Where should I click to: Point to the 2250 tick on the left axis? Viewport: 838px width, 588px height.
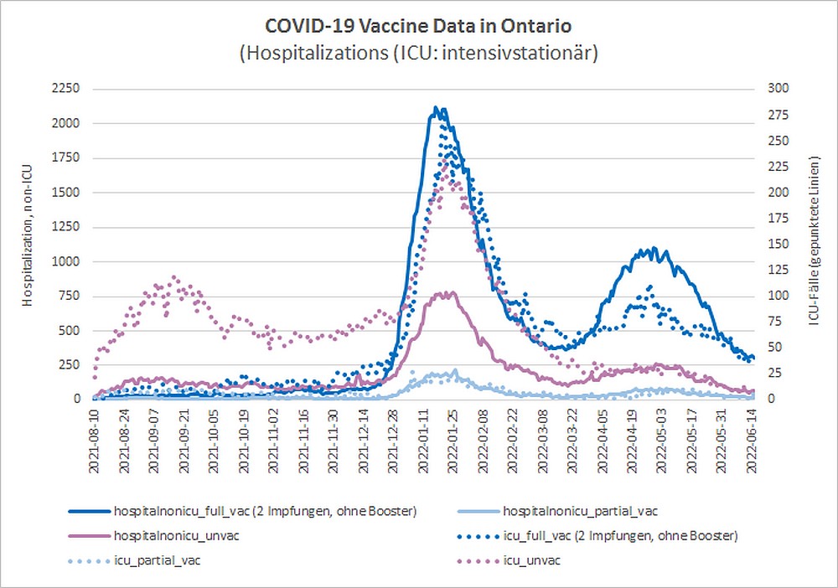click(65, 89)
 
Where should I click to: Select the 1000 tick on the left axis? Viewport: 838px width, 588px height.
click(65, 261)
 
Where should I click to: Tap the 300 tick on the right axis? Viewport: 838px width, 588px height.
click(779, 89)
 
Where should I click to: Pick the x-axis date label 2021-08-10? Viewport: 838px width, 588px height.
click(94, 437)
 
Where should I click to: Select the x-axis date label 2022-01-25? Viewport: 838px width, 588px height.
click(453, 437)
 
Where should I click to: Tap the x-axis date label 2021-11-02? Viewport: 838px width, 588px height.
click(273, 437)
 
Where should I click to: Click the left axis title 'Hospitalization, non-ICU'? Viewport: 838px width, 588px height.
click(28, 243)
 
